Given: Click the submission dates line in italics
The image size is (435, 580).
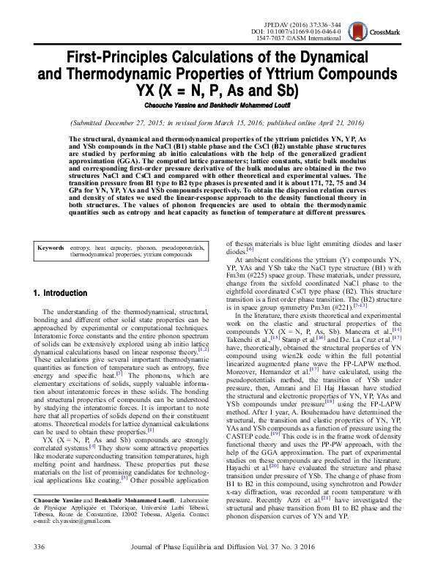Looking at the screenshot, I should pos(217,122).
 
